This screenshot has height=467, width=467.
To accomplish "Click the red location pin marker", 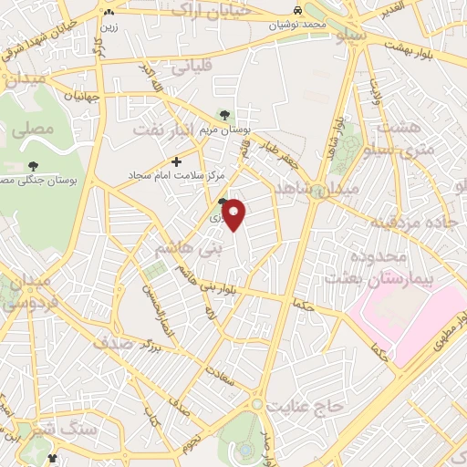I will tap(234, 214).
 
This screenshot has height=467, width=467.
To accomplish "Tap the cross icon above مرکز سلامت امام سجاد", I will tap(176, 161).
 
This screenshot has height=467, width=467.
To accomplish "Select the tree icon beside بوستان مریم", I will tap(226, 115).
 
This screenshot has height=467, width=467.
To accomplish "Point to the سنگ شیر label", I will tap(36, 429).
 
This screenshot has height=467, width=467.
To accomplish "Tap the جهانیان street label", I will tap(82, 94).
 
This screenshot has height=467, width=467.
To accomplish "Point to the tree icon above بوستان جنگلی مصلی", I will tap(34, 166).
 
